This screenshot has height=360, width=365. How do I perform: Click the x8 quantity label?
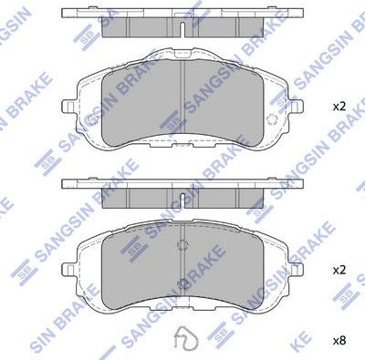click(x=339, y=340)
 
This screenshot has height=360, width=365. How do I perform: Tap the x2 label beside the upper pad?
click(x=339, y=107)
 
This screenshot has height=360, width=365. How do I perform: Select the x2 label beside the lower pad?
click(x=339, y=271)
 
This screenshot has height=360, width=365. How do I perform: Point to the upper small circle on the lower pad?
click(x=182, y=244)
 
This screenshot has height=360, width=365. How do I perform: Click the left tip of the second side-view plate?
click(x=63, y=183)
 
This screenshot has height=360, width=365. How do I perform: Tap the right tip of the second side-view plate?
click(x=302, y=183)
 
